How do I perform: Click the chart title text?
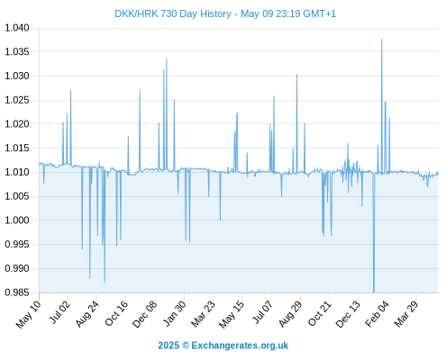(225, 13)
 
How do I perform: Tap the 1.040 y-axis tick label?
(17, 28)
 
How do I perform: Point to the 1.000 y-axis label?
(17, 220)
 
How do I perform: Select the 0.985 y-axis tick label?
(17, 292)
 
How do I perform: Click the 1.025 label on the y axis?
(17, 100)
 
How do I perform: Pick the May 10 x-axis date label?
(28, 313)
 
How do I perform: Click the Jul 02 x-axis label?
(59, 312)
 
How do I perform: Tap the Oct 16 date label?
(116, 313)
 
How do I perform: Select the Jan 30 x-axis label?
(175, 313)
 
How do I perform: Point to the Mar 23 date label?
(204, 313)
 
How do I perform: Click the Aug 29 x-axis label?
(290, 313)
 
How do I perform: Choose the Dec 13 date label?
(348, 313)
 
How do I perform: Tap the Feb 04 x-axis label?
(377, 313)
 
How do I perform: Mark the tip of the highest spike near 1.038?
(381, 39)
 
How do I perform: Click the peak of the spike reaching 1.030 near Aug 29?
(296, 75)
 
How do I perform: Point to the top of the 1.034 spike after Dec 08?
(167, 59)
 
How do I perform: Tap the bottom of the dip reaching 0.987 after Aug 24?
(105, 283)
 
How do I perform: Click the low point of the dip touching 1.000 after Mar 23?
(220, 220)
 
